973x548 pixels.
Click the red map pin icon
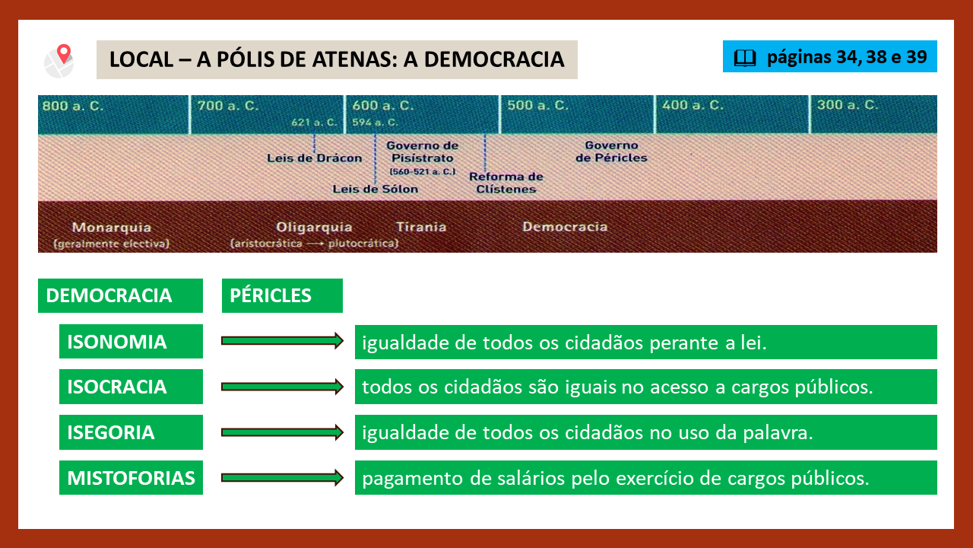tap(64, 54)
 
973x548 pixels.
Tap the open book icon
tap(745, 58)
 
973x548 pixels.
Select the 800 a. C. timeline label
tap(73, 106)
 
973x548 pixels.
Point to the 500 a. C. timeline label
tap(537, 105)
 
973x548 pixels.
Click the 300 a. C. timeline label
tap(848, 105)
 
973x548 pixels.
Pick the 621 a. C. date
tap(314, 123)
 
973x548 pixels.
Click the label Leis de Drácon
tap(315, 158)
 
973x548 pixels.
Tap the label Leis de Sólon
tap(376, 190)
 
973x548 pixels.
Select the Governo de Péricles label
tap(611, 151)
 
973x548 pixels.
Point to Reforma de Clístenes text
tap(506, 183)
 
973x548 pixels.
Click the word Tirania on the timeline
tap(421, 227)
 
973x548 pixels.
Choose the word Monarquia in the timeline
tap(112, 227)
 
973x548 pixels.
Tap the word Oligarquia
tap(314, 227)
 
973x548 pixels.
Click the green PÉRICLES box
tap(282, 296)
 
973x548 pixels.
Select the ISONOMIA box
tap(132, 342)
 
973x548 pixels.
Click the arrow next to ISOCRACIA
tap(282, 387)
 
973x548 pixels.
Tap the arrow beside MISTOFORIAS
tap(282, 477)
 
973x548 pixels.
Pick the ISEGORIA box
tap(132, 432)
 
